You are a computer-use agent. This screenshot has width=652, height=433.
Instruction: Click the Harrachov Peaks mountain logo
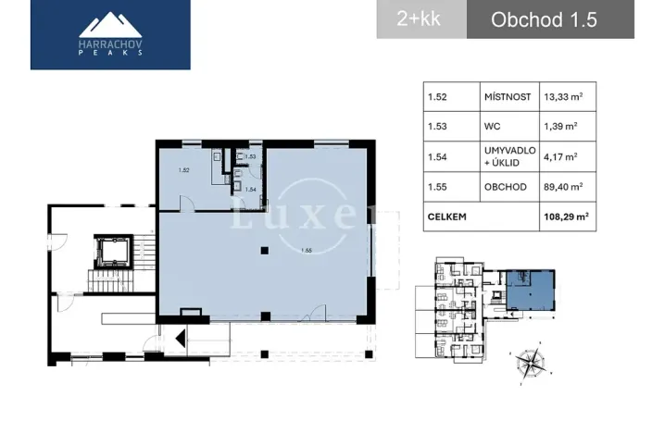[x=110, y=34]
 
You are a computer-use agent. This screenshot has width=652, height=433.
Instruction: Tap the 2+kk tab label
[x=419, y=19]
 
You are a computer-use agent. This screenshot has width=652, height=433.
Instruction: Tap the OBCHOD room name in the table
[x=505, y=187]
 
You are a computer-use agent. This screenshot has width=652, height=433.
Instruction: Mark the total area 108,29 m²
[x=566, y=218]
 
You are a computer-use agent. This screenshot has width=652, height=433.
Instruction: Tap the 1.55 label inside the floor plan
[x=306, y=251]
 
